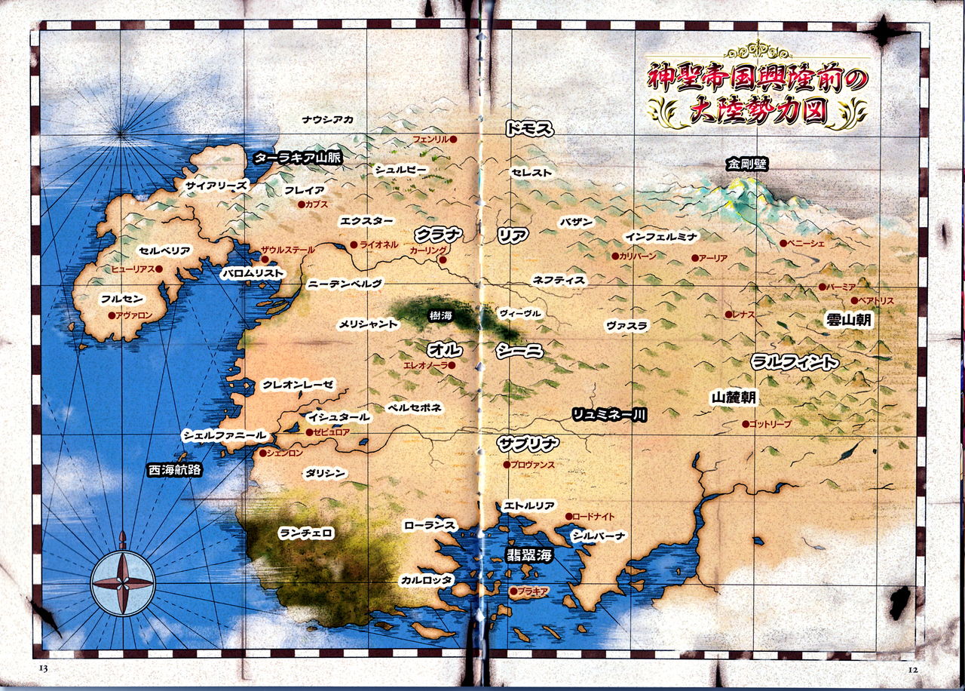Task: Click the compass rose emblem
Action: [x=122, y=582]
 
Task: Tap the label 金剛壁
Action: [x=747, y=163]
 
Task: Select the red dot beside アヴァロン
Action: [x=112, y=315]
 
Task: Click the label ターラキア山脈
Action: [x=297, y=158]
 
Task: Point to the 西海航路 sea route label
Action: [x=176, y=469]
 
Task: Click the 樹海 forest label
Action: [x=440, y=315]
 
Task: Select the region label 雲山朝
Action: [x=849, y=320]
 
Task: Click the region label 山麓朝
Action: [x=734, y=397]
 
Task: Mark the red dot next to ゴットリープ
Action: [x=746, y=424]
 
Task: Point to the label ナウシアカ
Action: [x=328, y=119]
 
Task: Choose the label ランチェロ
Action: [x=306, y=533]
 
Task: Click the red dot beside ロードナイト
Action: [x=569, y=517]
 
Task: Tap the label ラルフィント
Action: [x=794, y=362]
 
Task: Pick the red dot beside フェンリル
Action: [x=454, y=140]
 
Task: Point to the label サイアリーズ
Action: [x=216, y=185]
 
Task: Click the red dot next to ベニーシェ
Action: [x=783, y=243]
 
